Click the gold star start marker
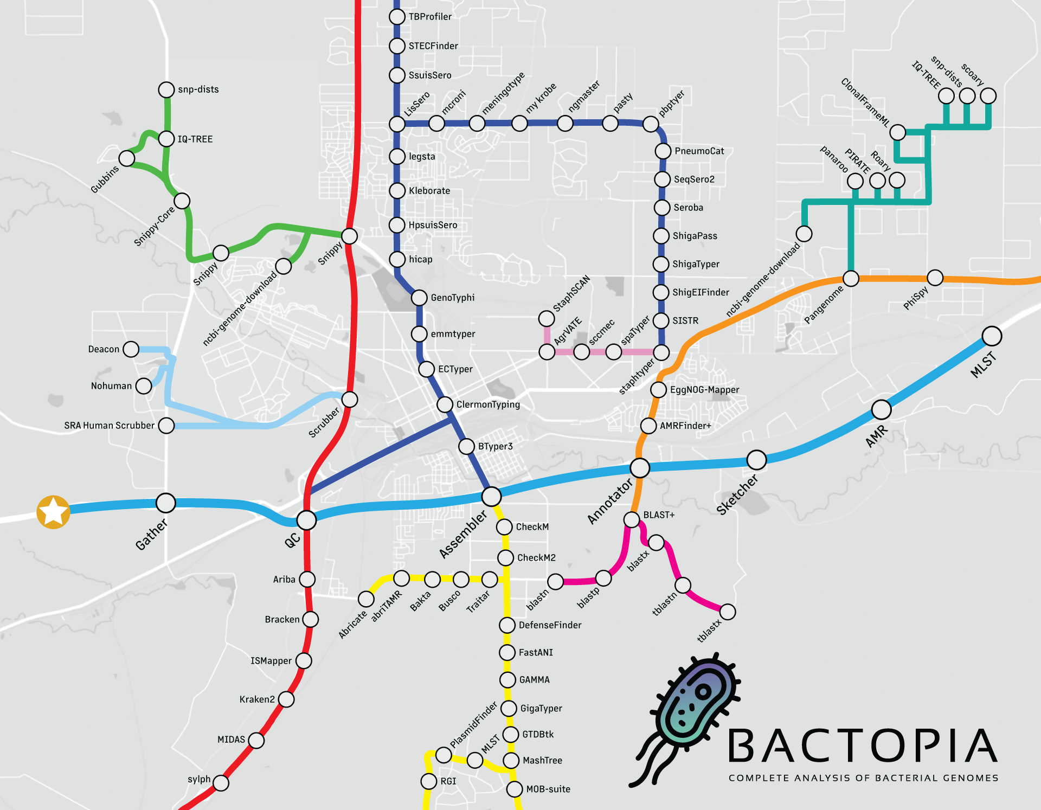pyautogui.click(x=53, y=511)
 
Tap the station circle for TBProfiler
pyautogui.click(x=397, y=17)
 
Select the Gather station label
pyautogui.click(x=151, y=534)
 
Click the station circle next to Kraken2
pyautogui.click(x=286, y=699)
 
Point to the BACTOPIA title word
pyautogui.click(x=862, y=747)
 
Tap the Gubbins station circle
pyautogui.click(x=127, y=158)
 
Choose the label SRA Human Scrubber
pyautogui.click(x=109, y=426)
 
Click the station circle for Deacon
pyautogui.click(x=131, y=349)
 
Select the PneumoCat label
pyautogui.click(x=699, y=151)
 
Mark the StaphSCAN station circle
pyautogui.click(x=547, y=318)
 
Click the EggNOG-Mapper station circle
pyautogui.click(x=658, y=389)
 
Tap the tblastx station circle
pyautogui.click(x=728, y=612)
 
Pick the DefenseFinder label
pyautogui.click(x=550, y=625)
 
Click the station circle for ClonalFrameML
pyautogui.click(x=897, y=132)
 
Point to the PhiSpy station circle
pyautogui.click(x=935, y=278)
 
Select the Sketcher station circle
pyautogui.click(x=756, y=460)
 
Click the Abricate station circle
pyautogui.click(x=366, y=599)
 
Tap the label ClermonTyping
pyautogui.click(x=488, y=404)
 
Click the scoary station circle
pyautogui.click(x=988, y=96)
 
